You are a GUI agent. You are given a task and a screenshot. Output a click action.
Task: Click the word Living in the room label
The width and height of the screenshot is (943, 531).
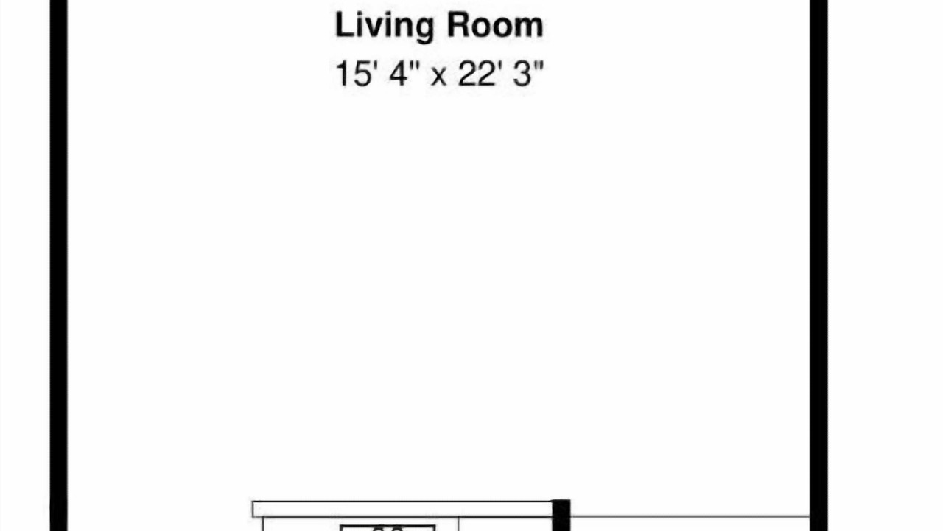(385, 27)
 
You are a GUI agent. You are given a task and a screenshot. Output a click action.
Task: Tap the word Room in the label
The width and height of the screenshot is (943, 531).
(495, 25)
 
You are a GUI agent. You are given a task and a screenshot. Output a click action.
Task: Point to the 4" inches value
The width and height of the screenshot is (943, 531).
(404, 73)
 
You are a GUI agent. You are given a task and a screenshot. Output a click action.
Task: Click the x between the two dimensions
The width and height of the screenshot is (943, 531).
(438, 77)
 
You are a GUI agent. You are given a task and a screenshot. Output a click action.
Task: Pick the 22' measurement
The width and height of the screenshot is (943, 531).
(479, 73)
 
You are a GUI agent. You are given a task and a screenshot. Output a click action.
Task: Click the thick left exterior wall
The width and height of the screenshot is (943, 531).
(58, 265)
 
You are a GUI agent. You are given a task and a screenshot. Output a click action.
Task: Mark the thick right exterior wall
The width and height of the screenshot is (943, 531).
(818, 265)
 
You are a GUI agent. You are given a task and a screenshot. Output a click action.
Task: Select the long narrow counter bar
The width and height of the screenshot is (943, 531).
(403, 509)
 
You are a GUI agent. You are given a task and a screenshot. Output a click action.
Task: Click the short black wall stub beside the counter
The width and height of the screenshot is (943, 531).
(561, 515)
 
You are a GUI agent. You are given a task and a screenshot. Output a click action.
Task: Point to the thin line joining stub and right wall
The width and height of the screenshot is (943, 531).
(690, 516)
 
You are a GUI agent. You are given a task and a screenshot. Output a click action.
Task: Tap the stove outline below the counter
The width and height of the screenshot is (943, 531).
(388, 528)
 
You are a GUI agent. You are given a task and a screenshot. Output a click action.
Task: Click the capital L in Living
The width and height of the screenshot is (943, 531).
(344, 25)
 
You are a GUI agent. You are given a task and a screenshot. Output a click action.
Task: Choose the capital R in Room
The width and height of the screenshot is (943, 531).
(458, 25)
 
